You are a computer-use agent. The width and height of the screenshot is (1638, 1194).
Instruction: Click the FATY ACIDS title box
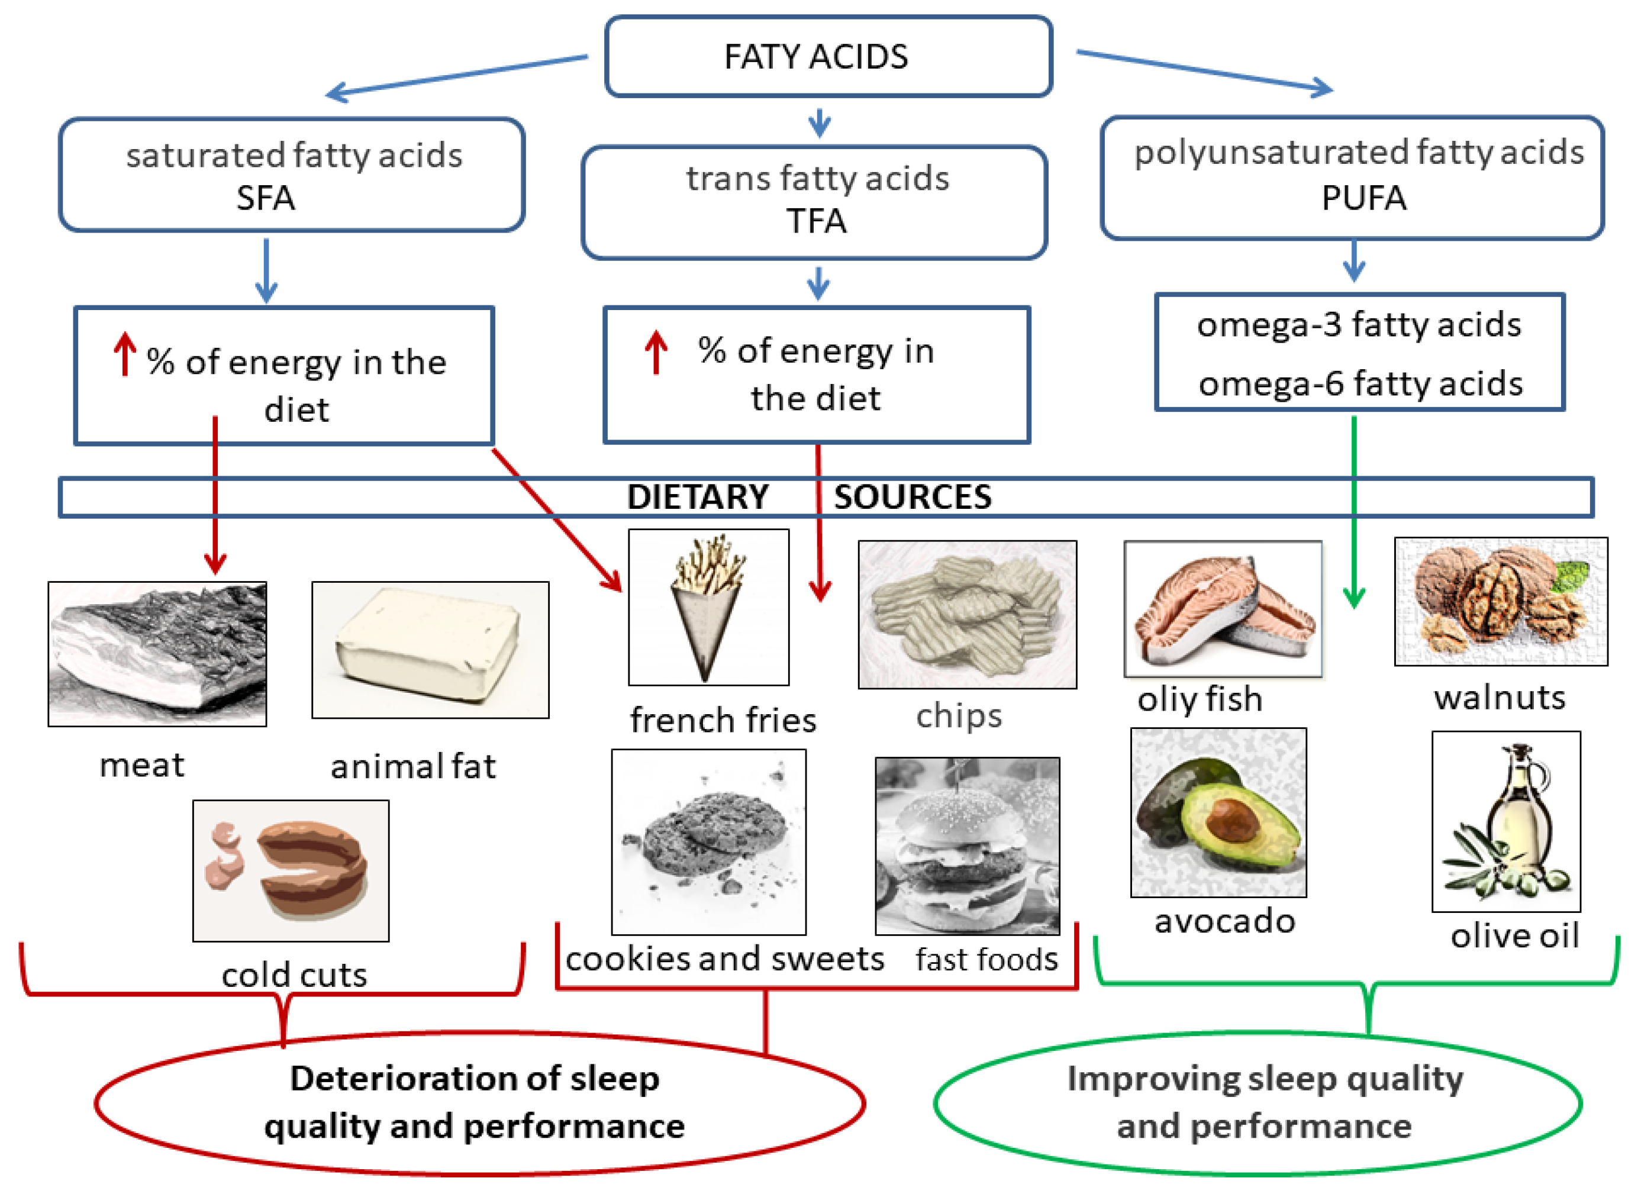(828, 56)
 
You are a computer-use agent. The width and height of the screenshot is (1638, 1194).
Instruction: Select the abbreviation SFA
(265, 197)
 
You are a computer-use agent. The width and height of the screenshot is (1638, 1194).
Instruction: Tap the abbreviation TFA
(816, 221)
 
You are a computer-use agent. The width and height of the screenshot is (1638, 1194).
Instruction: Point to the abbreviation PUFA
(1363, 197)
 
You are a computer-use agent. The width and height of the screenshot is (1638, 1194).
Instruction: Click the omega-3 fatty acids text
(1358, 324)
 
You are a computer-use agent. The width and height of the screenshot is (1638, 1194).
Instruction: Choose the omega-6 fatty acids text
(1360, 383)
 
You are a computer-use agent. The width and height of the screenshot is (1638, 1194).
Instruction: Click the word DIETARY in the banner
(697, 497)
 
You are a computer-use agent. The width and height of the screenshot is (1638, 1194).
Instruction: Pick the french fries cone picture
(708, 606)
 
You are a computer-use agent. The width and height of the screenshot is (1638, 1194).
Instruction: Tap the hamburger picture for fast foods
(967, 846)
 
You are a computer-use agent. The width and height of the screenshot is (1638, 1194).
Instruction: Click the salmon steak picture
(1223, 609)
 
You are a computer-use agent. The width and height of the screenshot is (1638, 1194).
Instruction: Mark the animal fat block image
(430, 650)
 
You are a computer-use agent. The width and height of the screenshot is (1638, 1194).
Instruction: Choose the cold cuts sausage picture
(291, 870)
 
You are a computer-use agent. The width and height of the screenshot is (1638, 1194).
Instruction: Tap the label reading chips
(959, 715)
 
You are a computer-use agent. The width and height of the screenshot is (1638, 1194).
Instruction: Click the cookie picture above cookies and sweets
(708, 841)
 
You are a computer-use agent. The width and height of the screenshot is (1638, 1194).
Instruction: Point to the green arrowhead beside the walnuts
(1353, 597)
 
